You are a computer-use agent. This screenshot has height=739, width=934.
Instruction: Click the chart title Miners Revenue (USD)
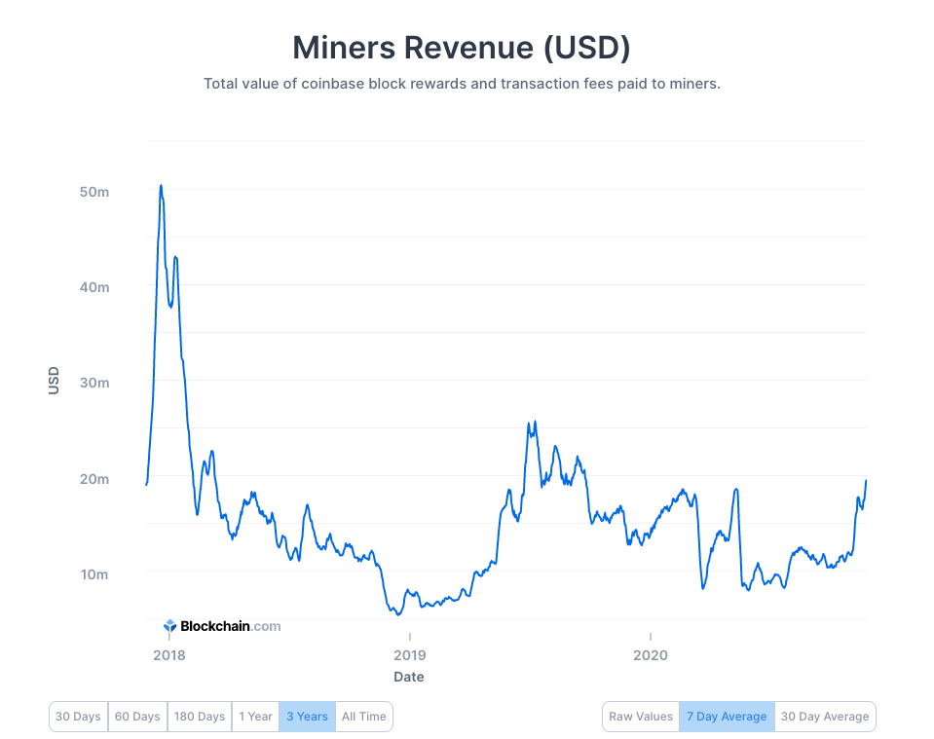(x=462, y=47)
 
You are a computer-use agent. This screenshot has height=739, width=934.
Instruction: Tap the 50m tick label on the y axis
(x=93, y=192)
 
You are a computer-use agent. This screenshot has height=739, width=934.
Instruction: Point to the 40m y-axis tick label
(x=93, y=287)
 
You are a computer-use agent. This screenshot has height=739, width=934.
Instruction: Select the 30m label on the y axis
(x=93, y=383)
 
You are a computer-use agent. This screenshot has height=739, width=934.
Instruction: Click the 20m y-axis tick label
(x=93, y=479)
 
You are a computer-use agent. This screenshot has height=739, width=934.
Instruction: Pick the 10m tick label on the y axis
(x=93, y=574)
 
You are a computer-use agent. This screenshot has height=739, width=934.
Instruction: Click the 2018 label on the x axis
(x=168, y=655)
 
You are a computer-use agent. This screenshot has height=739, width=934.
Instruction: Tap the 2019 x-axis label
(x=409, y=655)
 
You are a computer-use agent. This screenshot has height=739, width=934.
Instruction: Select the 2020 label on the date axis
(x=650, y=655)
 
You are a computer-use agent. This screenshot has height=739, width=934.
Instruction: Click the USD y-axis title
(x=54, y=381)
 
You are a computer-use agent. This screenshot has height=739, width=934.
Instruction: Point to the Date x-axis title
(x=409, y=677)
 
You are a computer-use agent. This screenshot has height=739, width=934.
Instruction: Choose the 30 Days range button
(x=78, y=717)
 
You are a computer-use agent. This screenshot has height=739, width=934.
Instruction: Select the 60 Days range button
(x=137, y=717)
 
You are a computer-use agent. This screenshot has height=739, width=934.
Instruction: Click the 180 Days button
(x=200, y=717)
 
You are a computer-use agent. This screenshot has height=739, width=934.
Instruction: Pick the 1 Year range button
(x=255, y=717)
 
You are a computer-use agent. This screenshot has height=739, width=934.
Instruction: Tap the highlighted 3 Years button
(x=307, y=717)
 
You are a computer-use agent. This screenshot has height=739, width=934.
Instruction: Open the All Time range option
(x=364, y=717)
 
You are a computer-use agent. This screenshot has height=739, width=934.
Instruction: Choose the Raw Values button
(x=641, y=717)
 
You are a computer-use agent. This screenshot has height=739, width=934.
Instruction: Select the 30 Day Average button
(x=825, y=717)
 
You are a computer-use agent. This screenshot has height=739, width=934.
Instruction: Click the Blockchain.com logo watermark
(x=222, y=626)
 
